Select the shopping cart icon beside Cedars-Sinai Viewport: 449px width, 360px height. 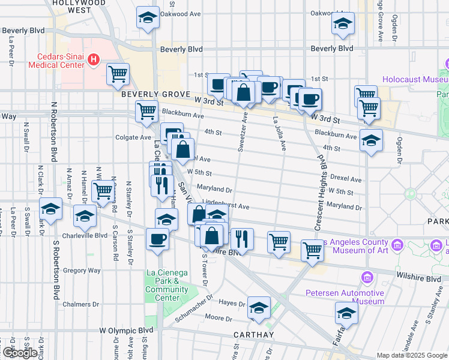pyautogui.click(x=118, y=74)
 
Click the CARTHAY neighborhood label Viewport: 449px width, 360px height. pyautogui.click(x=253, y=335)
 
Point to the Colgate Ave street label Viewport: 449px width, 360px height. pyautogui.click(x=133, y=137)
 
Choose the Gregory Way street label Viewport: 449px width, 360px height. pyautogui.click(x=82, y=271)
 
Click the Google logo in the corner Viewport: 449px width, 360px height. pyautogui.click(x=19, y=353)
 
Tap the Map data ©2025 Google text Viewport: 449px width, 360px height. pyautogui.click(x=411, y=355)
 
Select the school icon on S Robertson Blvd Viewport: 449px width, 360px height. pyautogui.click(x=51, y=209)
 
